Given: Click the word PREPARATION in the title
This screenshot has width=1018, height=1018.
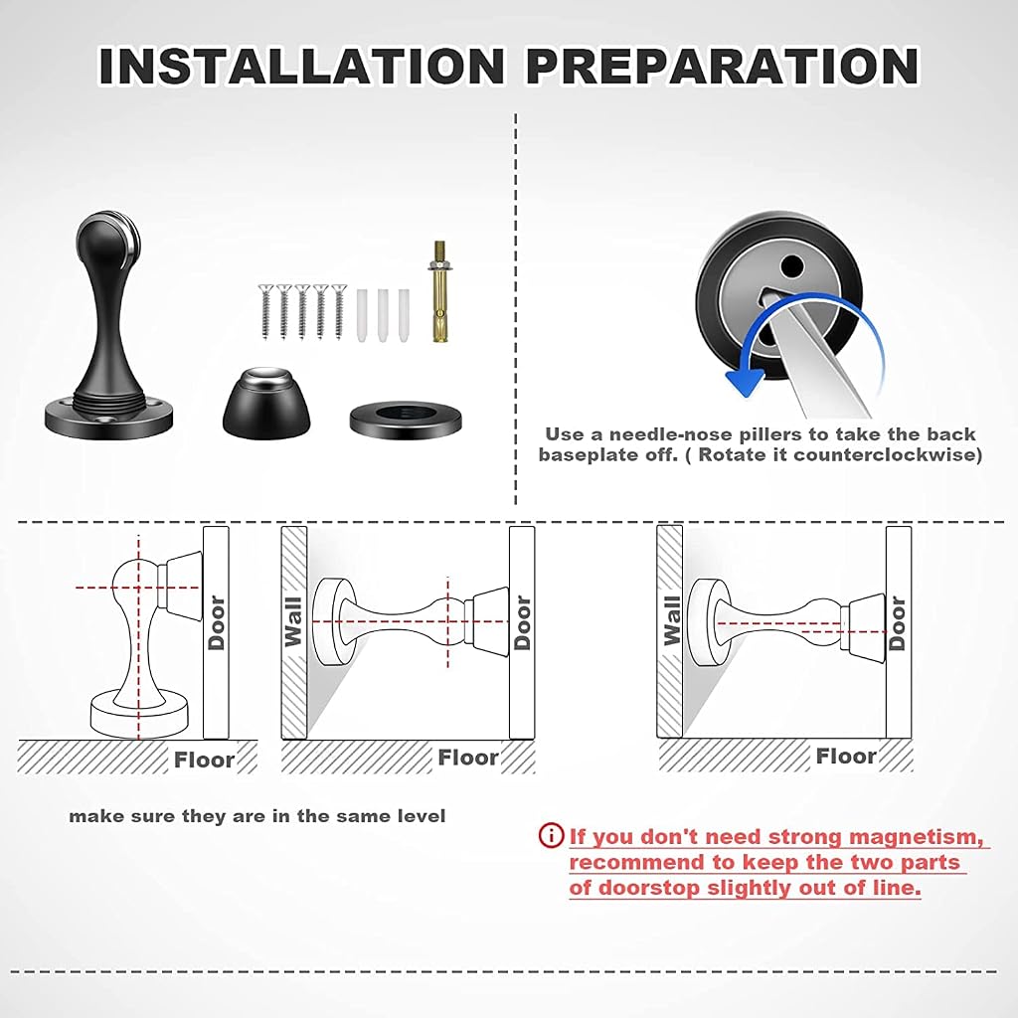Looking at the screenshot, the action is [x=723, y=66].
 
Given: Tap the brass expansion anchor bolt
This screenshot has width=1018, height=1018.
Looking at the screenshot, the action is [x=440, y=291].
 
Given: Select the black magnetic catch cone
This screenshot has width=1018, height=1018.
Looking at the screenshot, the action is [x=266, y=403].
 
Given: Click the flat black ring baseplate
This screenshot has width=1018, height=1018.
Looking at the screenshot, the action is [x=406, y=420].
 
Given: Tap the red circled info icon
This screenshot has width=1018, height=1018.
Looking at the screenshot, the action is [x=551, y=835].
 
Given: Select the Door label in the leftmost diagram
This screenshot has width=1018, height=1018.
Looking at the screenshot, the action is [x=216, y=622].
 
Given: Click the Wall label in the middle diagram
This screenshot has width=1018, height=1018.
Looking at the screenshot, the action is [x=294, y=622].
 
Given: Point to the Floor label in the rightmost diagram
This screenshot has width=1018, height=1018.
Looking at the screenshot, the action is [x=846, y=757].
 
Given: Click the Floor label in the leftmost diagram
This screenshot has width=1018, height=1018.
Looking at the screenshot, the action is [x=204, y=760].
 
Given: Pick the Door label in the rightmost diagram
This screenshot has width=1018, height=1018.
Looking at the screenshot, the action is [x=898, y=622].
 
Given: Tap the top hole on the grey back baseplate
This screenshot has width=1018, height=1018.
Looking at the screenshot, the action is [x=791, y=264].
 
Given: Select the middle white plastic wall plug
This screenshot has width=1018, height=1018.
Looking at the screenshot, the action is [x=383, y=315].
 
